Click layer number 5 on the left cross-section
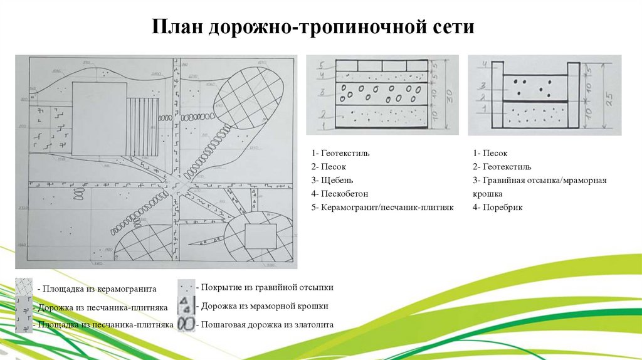[x=320, y=65]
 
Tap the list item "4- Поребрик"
[x=498, y=207]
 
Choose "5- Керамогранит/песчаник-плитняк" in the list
[x=382, y=207]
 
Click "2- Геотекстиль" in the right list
[x=502, y=167]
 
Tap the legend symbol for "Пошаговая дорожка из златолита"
[x=186, y=325]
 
